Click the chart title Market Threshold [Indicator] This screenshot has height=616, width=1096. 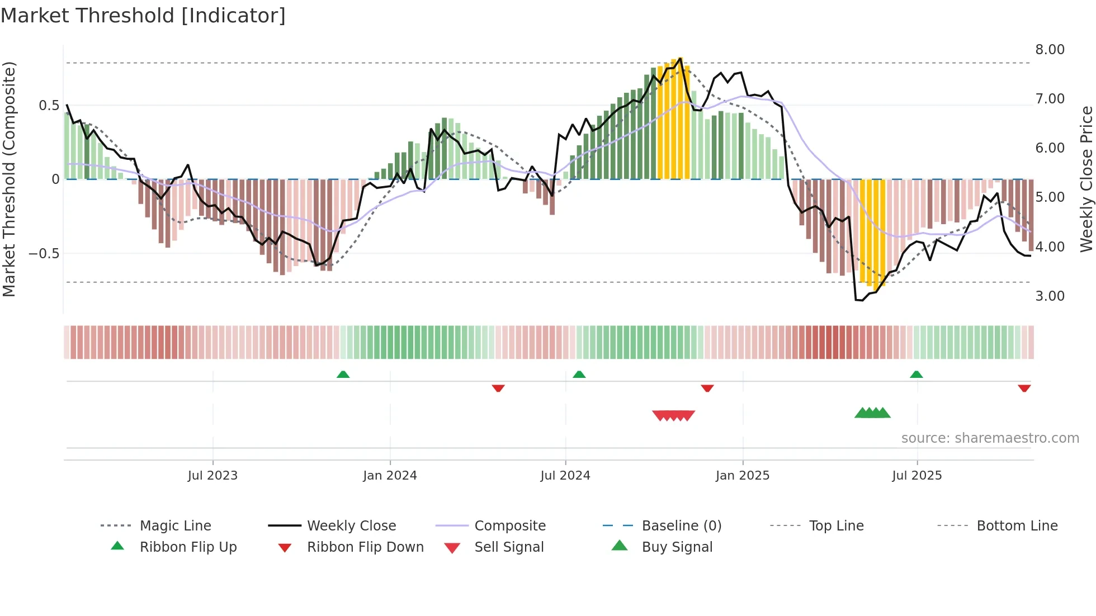click(143, 16)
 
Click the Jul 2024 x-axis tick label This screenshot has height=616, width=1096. click(565, 476)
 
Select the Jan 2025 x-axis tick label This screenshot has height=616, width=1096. click(743, 476)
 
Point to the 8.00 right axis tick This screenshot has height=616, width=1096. click(1050, 50)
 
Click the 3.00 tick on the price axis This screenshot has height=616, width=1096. click(1050, 296)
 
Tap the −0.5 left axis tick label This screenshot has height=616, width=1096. click(44, 254)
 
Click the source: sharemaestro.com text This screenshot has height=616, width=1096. click(990, 438)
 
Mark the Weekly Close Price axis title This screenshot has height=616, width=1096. click(1086, 179)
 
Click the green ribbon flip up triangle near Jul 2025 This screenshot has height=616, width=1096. click(916, 375)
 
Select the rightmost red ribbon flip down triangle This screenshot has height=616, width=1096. click(1024, 388)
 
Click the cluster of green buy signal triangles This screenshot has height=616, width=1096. click(872, 413)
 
